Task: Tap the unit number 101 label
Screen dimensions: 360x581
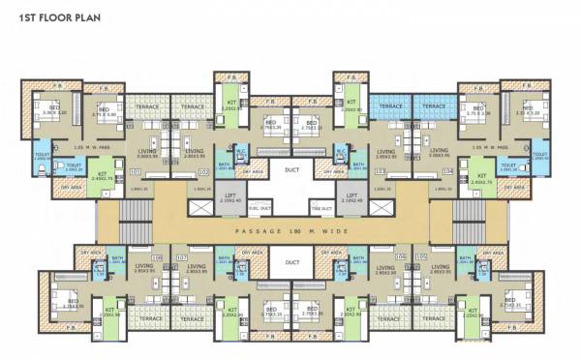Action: (x=135, y=172)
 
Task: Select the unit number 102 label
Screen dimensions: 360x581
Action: (x=202, y=172)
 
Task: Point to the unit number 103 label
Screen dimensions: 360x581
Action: (x=380, y=172)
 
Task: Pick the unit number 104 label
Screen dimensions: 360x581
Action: (x=447, y=172)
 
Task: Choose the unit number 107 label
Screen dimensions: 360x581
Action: (x=181, y=257)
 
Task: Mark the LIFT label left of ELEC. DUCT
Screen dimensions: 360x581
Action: (x=229, y=195)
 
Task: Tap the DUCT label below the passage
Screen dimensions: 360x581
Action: (x=290, y=261)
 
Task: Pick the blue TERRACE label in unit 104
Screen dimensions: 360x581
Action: (x=434, y=106)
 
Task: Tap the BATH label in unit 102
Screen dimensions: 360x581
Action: (x=225, y=165)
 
